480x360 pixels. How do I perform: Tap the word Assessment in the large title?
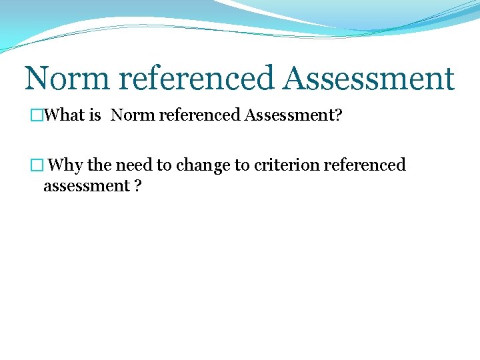368,78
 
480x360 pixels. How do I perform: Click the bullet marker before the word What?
37,115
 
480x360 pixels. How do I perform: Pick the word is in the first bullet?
95,115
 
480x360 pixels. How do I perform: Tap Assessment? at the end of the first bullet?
293,115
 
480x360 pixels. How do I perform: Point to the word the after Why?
100,165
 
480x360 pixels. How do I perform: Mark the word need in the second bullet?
135,165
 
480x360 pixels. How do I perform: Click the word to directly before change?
164,165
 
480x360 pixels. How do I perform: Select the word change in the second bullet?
203,165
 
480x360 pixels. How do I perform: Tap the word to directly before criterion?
242,165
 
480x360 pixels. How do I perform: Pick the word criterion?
286,165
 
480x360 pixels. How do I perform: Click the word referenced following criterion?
365,165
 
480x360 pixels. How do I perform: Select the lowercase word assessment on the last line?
86,185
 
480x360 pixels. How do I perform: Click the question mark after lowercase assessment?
137,185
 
